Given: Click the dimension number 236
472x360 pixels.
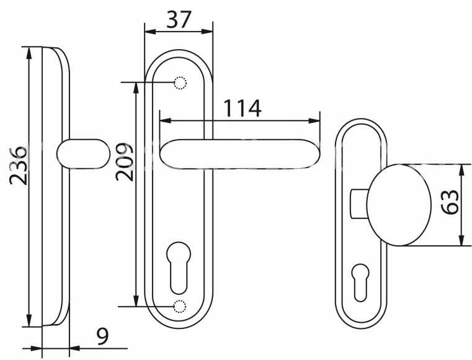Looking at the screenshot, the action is click(x=19, y=166).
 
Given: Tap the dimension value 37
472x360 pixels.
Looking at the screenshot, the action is click(x=179, y=19).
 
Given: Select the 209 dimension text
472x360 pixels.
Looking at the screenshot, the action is click(x=124, y=162).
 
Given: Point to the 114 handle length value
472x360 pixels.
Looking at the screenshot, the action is click(x=243, y=108).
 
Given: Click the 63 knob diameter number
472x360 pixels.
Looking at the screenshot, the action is click(x=450, y=202).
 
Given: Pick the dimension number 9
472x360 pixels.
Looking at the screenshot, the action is click(x=102, y=336).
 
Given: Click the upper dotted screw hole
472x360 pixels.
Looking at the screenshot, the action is click(x=180, y=83).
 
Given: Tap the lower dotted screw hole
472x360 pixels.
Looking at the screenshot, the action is click(x=180, y=307).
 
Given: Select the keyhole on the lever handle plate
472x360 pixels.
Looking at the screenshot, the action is click(x=179, y=268).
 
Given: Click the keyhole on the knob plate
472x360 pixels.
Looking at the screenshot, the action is click(x=360, y=282).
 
